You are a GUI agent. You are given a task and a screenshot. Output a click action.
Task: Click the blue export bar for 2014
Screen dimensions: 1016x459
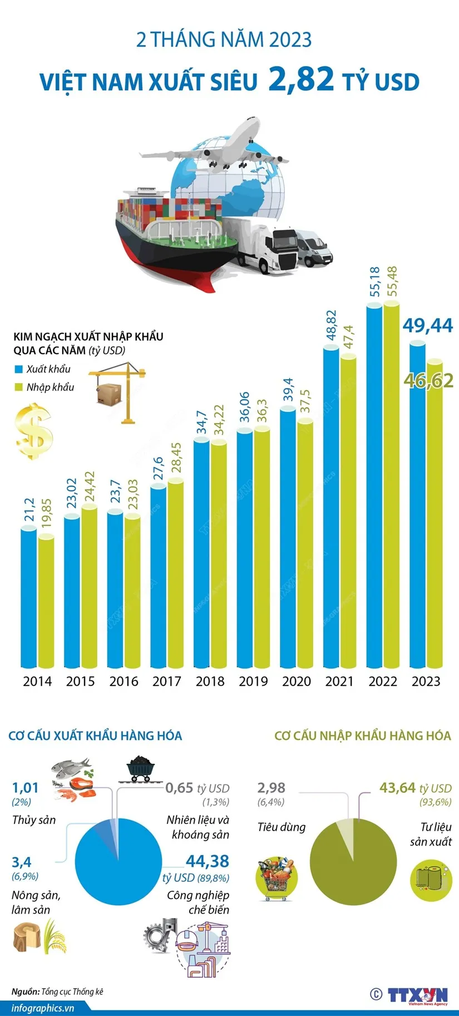click(29, 598)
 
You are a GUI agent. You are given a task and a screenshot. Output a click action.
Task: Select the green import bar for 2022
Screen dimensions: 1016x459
click(392, 484)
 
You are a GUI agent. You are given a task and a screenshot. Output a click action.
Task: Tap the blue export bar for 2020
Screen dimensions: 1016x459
click(288, 537)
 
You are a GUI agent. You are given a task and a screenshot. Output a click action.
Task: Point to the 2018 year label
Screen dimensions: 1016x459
click(210, 681)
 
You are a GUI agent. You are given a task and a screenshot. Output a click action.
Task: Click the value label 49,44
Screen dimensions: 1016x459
click(428, 325)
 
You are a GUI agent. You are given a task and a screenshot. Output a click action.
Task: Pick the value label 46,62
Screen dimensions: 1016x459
click(429, 381)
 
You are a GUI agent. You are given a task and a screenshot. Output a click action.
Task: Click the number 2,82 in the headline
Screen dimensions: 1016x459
click(301, 79)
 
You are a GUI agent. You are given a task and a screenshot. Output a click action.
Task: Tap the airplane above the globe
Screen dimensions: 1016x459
click(223, 146)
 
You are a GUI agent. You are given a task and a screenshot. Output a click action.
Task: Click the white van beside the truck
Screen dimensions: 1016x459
click(315, 248)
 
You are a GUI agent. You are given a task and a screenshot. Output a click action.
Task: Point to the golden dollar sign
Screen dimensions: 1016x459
click(34, 432)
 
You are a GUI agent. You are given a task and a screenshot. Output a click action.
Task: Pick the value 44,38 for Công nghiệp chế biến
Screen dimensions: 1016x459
click(207, 861)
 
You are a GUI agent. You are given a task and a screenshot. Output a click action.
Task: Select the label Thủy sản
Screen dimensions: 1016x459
click(33, 819)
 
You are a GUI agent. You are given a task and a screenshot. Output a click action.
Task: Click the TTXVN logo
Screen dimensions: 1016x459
click(417, 995)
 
